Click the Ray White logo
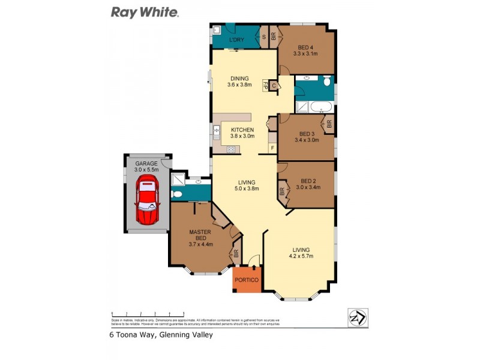[x=145, y=12]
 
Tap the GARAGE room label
[x=146, y=163]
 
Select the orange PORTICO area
[x=247, y=280]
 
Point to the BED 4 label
[x=305, y=47]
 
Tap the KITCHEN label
[x=243, y=130]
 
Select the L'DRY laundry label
[x=238, y=40]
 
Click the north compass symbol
[x=358, y=317]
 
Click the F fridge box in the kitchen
[x=272, y=148]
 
